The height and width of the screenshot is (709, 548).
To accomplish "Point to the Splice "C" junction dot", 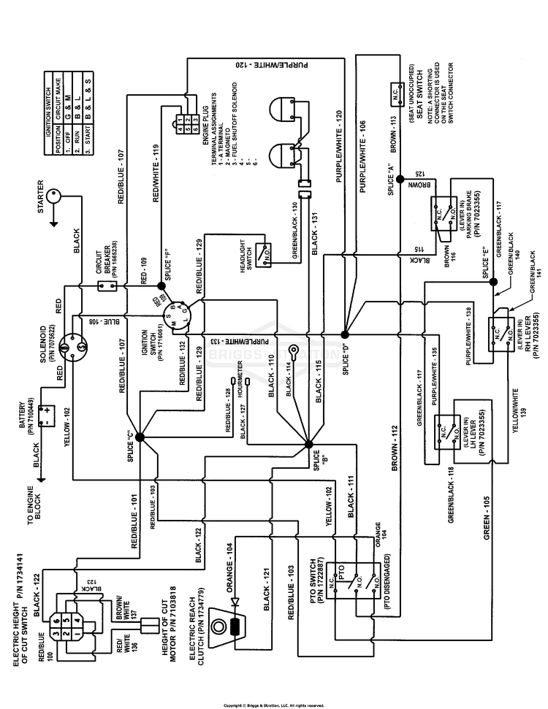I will point(139,437).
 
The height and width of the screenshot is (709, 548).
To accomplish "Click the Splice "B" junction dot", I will point(308,441).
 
